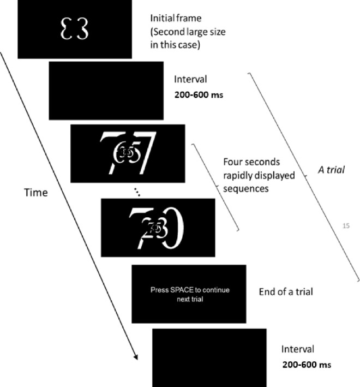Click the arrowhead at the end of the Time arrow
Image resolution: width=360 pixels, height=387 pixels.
click(x=134, y=356)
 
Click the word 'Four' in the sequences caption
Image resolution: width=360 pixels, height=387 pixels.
click(x=233, y=163)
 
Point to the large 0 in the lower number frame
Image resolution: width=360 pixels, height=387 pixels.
click(x=174, y=227)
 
